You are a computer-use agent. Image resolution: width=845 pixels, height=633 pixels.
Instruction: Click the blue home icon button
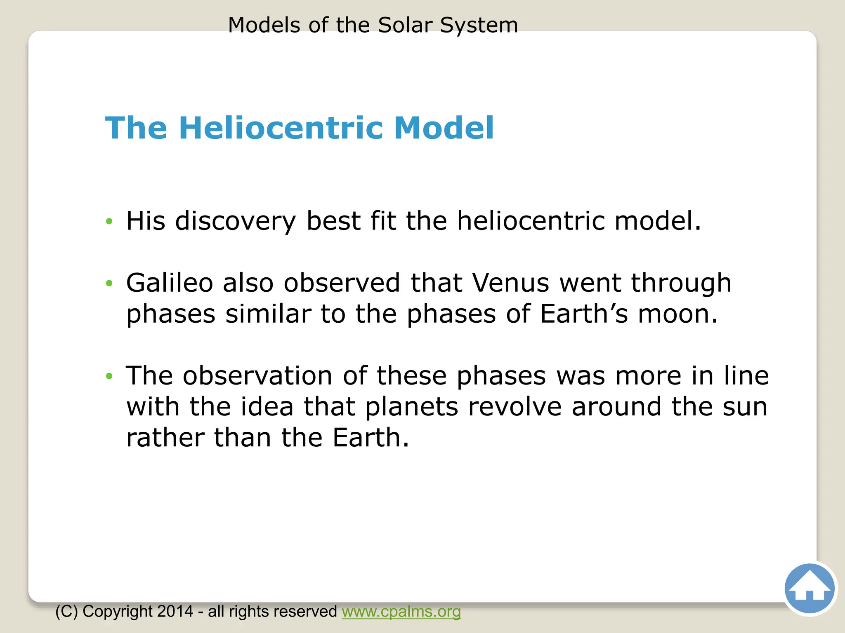click(x=809, y=588)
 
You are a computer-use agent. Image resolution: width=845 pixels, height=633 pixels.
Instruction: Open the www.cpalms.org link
click(x=401, y=612)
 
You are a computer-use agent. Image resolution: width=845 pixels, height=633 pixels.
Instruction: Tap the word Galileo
click(x=169, y=283)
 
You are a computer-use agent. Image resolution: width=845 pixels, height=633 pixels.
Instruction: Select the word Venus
click(x=510, y=283)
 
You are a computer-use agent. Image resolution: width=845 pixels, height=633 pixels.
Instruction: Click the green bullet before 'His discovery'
click(x=109, y=221)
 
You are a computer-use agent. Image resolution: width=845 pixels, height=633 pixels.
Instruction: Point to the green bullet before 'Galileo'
click(x=109, y=283)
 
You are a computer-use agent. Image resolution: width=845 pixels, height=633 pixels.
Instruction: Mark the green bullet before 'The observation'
click(x=109, y=376)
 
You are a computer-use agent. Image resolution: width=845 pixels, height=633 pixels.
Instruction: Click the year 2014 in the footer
click(x=175, y=612)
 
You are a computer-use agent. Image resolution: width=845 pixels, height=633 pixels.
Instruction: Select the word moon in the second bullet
click(x=677, y=314)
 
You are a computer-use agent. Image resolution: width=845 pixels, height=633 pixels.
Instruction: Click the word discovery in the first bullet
click(x=236, y=221)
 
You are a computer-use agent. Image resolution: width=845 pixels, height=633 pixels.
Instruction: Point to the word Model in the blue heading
click(x=444, y=128)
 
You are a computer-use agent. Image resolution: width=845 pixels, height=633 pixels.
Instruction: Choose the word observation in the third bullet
click(x=257, y=376)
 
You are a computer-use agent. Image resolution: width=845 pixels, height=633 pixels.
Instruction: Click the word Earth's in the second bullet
click(x=584, y=314)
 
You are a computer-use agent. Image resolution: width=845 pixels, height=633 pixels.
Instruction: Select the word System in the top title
click(x=479, y=25)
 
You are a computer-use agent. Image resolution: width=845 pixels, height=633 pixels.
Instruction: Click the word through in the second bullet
click(x=681, y=283)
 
